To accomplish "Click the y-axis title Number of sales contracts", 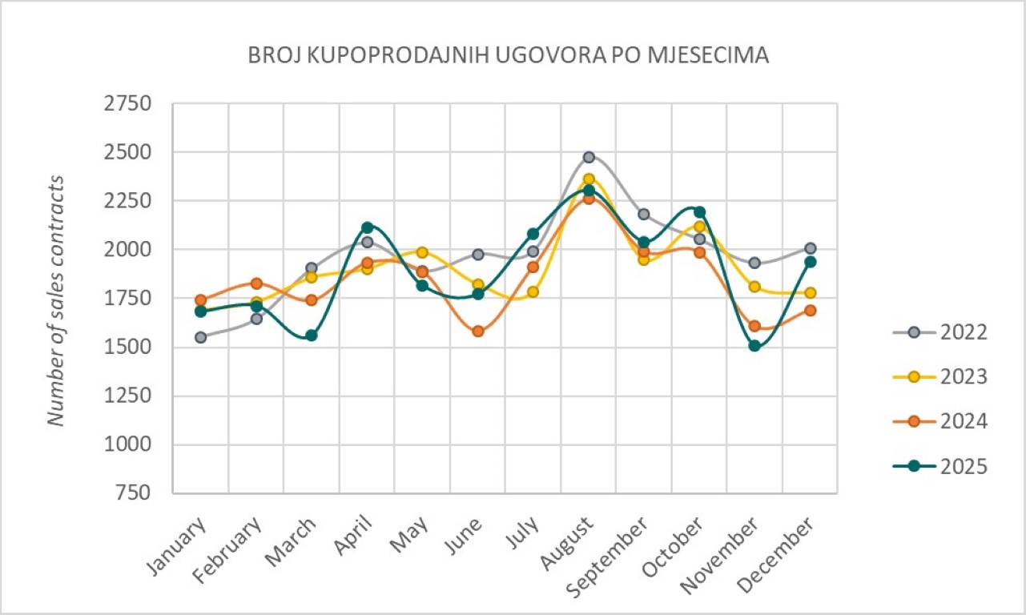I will [55, 298].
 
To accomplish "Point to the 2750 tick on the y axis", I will [128, 104].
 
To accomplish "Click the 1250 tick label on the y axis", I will [128, 396].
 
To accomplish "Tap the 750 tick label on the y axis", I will [132, 493].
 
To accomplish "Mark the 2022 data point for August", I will [589, 157].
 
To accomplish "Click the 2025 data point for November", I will [754, 345].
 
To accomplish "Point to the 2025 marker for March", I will [312, 335].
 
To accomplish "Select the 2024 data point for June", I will [478, 331].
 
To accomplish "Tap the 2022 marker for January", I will [201, 337].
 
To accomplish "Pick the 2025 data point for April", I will [367, 227].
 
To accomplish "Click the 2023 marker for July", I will [533, 291].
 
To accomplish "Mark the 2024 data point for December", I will [810, 310].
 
